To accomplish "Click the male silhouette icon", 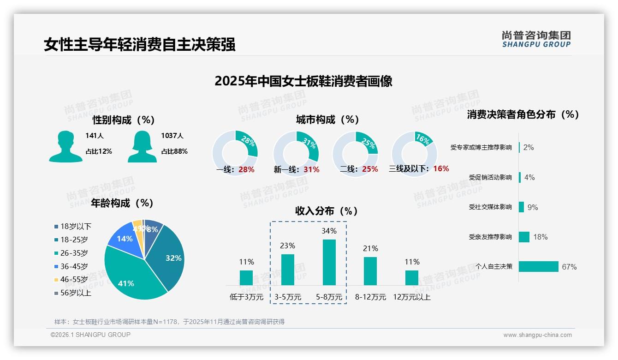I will click(65, 147).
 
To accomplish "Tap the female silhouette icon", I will click(142, 147).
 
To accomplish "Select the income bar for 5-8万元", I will click(329, 262).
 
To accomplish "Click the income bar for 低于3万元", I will click(246, 278).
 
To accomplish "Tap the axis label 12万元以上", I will click(411, 297).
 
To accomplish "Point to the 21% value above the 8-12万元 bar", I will click(370, 249).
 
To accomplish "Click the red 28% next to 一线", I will click(246, 169).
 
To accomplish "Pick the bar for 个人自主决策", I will click(538, 266).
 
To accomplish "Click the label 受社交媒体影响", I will click(490, 207).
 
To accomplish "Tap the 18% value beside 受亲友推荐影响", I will click(540, 237).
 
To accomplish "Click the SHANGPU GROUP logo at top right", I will click(536, 39).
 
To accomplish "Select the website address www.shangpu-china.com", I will click(537, 335).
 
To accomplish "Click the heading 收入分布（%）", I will click(327, 211).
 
